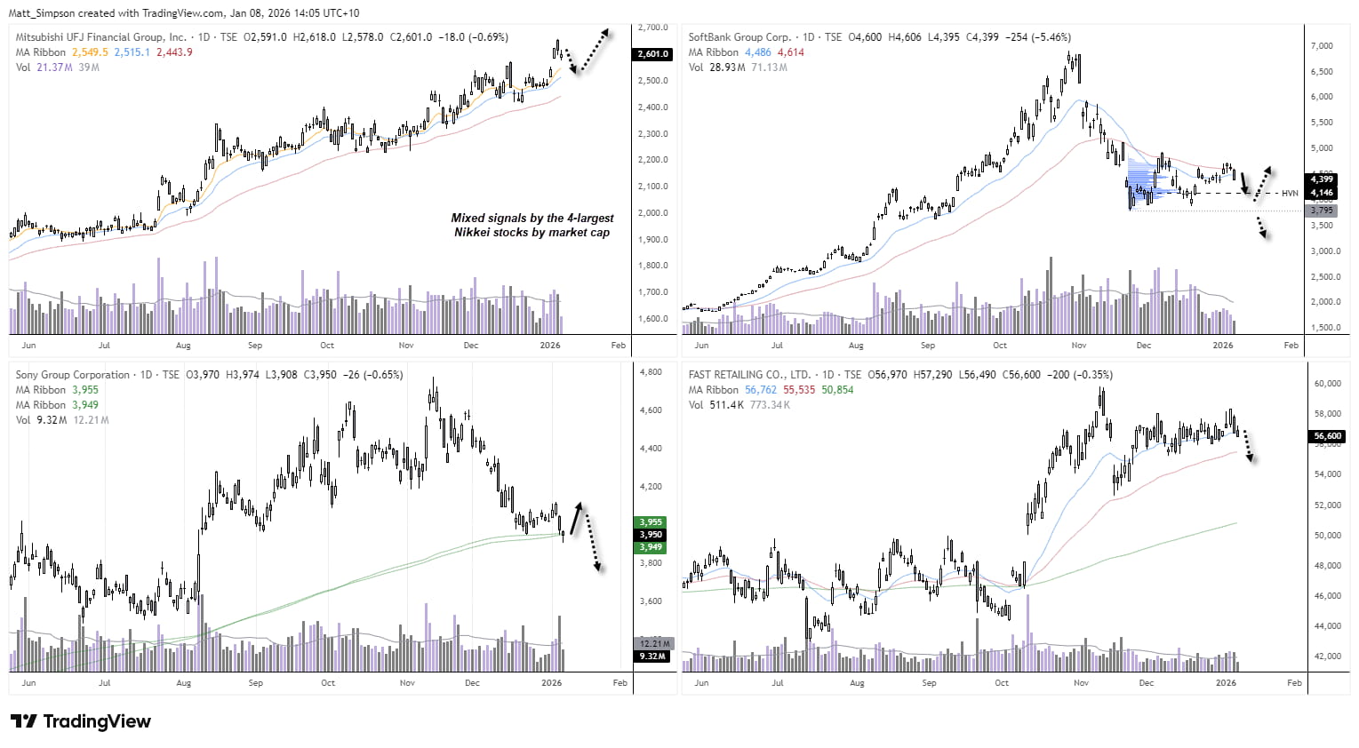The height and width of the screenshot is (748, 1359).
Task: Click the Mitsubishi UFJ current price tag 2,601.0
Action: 652,54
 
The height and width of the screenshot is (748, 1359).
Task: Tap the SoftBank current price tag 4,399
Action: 1322,179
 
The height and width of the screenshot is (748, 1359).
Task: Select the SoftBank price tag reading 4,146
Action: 1322,193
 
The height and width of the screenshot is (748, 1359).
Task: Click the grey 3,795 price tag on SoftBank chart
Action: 1322,211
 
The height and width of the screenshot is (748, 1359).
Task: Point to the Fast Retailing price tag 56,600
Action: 1327,436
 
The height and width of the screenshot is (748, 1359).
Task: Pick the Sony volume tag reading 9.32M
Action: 652,656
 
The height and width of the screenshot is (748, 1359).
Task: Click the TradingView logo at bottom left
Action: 81,721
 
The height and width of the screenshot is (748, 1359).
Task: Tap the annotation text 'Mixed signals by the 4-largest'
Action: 532,218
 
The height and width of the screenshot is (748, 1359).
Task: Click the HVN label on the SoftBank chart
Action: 1290,193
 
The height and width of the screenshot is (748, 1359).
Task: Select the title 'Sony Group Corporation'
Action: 73,375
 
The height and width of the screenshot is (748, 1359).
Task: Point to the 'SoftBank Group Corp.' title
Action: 739,37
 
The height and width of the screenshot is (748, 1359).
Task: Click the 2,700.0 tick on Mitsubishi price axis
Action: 653,28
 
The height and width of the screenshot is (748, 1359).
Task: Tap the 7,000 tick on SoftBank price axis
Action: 1322,45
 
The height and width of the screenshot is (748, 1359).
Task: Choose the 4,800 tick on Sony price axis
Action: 651,372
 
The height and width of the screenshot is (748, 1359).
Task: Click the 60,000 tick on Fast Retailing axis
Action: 1327,384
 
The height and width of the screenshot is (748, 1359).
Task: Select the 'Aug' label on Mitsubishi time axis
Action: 183,346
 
